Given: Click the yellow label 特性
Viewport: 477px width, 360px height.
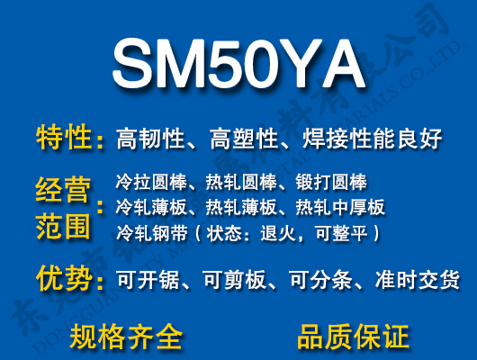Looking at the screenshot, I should point(64,138).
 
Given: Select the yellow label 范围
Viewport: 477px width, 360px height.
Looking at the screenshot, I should point(64,225).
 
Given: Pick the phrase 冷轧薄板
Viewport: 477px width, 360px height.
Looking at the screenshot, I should point(147,208).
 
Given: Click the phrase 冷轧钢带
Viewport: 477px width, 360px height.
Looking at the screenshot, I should point(147,233).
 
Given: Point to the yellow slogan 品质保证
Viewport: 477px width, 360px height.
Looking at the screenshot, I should point(353,337).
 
